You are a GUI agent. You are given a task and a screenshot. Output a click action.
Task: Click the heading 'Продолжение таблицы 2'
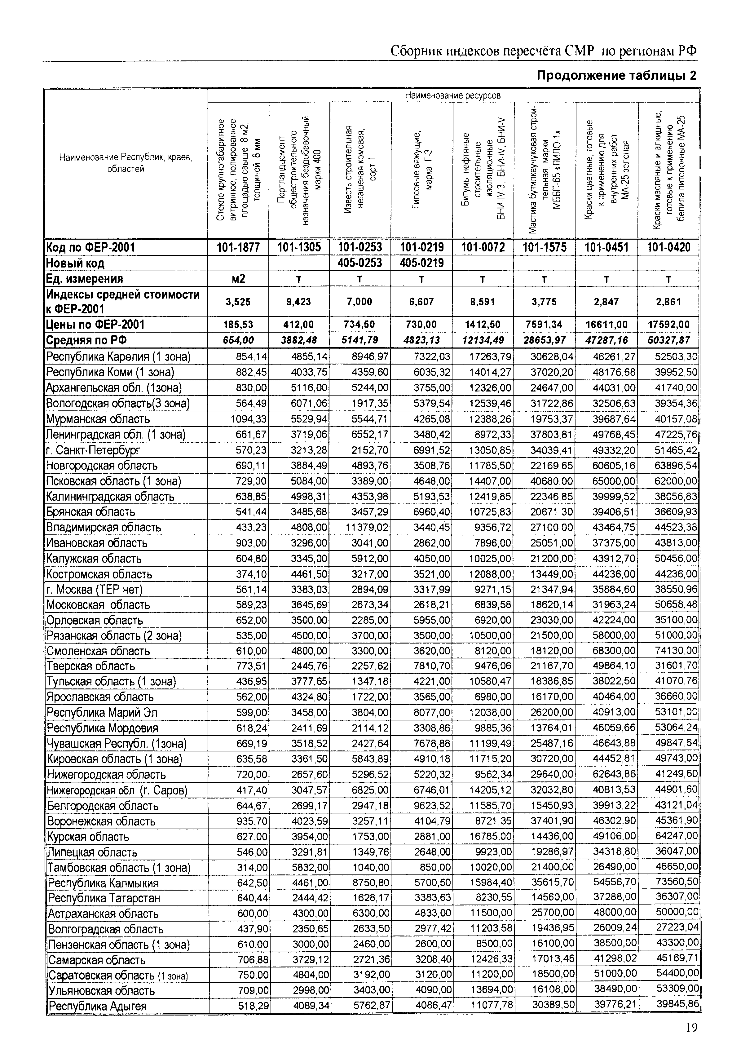pos(616,76)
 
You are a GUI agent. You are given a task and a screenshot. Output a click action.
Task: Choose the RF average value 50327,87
pos(668,340)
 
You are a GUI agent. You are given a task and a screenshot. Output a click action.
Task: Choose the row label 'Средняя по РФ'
pos(87,340)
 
